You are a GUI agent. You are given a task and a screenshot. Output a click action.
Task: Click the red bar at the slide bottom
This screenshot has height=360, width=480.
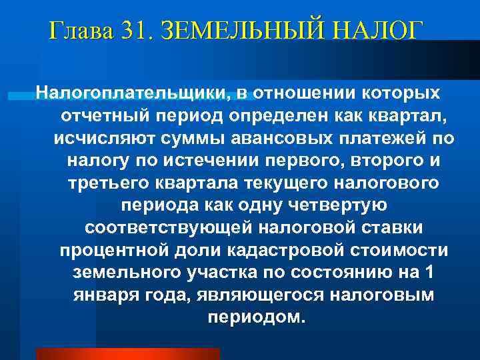pos(127,354)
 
